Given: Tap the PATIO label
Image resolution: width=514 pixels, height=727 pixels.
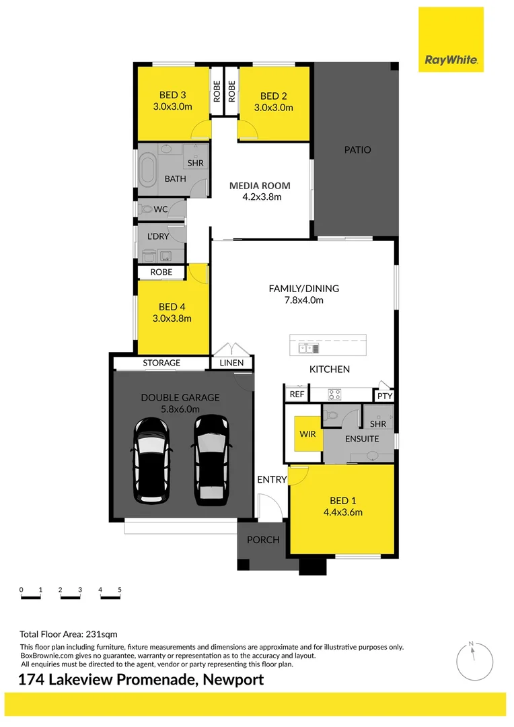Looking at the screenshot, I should point(357,150).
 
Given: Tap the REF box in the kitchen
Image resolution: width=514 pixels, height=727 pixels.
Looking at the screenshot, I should point(297,394).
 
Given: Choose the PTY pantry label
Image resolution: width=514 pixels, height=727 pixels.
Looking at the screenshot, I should point(384,396).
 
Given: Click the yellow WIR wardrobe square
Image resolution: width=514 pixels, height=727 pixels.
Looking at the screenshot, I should point(307,435).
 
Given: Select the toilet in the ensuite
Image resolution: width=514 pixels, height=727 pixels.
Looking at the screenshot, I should point(331,416).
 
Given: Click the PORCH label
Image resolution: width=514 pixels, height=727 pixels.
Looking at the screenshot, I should point(264,540).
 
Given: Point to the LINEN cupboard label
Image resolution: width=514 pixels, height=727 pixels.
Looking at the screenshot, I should point(231,363).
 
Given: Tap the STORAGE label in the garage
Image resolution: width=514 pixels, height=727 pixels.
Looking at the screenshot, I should point(161,363).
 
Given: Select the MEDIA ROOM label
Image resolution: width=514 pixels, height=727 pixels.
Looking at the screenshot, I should point(260,186).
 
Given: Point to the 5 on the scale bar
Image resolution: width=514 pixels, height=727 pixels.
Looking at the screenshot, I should point(120,590).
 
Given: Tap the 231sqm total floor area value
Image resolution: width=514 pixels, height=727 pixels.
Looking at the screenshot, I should point(102,634).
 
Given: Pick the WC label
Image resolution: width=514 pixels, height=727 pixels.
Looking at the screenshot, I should point(161,209).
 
